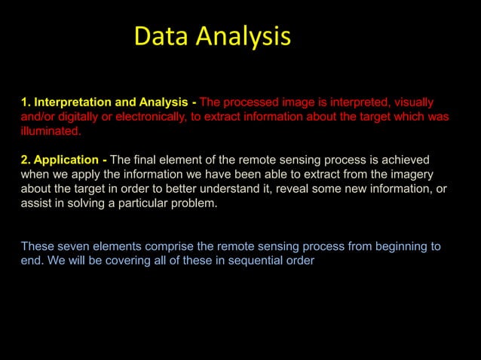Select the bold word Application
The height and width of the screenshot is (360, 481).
coord(66,160)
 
